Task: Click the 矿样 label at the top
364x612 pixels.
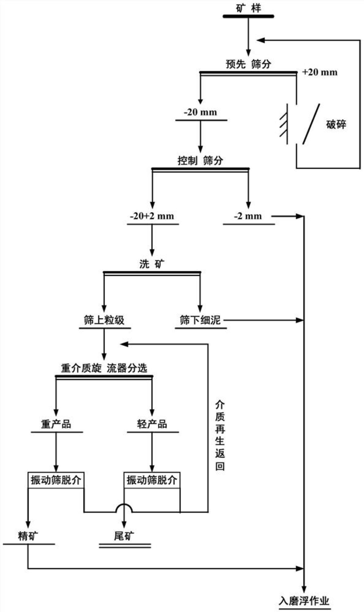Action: (248, 8)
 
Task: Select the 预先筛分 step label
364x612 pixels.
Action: (248, 64)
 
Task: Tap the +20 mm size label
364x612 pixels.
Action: (320, 72)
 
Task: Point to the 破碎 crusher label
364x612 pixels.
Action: (336, 125)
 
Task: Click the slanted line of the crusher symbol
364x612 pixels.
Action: (311, 124)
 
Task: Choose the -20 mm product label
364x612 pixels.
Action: (201, 112)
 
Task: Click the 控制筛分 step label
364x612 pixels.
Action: (200, 161)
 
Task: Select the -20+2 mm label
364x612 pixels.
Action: (152, 216)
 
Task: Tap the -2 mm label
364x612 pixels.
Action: (248, 216)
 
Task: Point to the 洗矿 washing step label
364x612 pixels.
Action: (152, 264)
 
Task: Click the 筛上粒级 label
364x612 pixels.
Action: (104, 320)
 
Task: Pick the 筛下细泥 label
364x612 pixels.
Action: (200, 320)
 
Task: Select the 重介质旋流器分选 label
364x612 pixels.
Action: (104, 368)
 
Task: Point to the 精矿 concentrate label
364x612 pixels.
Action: (28, 536)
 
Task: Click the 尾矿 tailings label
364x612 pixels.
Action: (124, 536)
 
